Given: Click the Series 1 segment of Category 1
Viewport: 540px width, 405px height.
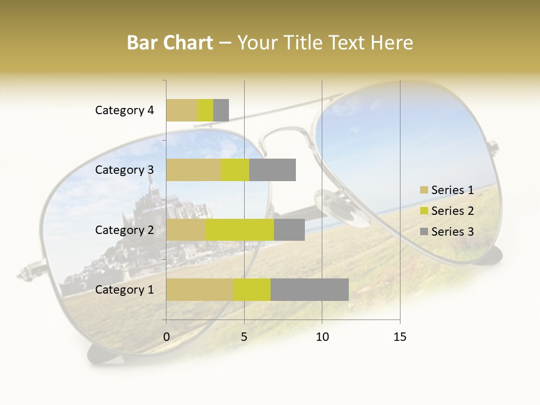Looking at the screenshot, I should (200, 289).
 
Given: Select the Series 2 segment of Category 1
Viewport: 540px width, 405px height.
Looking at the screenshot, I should (252, 289).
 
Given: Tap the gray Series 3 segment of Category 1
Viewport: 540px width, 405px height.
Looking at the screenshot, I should (309, 289).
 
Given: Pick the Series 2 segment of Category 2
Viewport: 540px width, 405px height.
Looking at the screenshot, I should (239, 229).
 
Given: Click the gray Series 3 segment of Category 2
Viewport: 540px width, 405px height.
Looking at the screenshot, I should (289, 229).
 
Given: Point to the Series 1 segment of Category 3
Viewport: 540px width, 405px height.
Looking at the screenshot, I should (193, 170).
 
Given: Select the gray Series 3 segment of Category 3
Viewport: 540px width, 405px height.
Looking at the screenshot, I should (272, 170).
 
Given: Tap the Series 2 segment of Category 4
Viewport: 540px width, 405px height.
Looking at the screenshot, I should (205, 110).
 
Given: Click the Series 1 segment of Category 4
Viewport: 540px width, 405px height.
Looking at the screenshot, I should (182, 110).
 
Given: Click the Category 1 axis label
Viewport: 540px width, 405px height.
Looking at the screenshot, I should (124, 290).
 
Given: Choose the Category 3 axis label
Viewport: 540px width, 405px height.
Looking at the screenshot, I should (124, 170).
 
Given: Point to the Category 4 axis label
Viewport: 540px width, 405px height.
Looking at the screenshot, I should (124, 110).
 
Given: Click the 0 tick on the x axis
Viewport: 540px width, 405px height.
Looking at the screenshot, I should (166, 337).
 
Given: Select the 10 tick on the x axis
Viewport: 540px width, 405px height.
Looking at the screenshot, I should (322, 337).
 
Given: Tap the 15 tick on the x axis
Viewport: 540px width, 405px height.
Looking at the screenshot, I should (400, 337).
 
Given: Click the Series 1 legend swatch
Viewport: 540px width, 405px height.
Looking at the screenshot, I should (424, 190).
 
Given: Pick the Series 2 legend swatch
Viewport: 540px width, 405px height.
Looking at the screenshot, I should (424, 211).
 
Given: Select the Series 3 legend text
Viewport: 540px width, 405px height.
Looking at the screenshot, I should (452, 232).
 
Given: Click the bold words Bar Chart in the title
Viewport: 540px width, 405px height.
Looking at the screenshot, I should (170, 43).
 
